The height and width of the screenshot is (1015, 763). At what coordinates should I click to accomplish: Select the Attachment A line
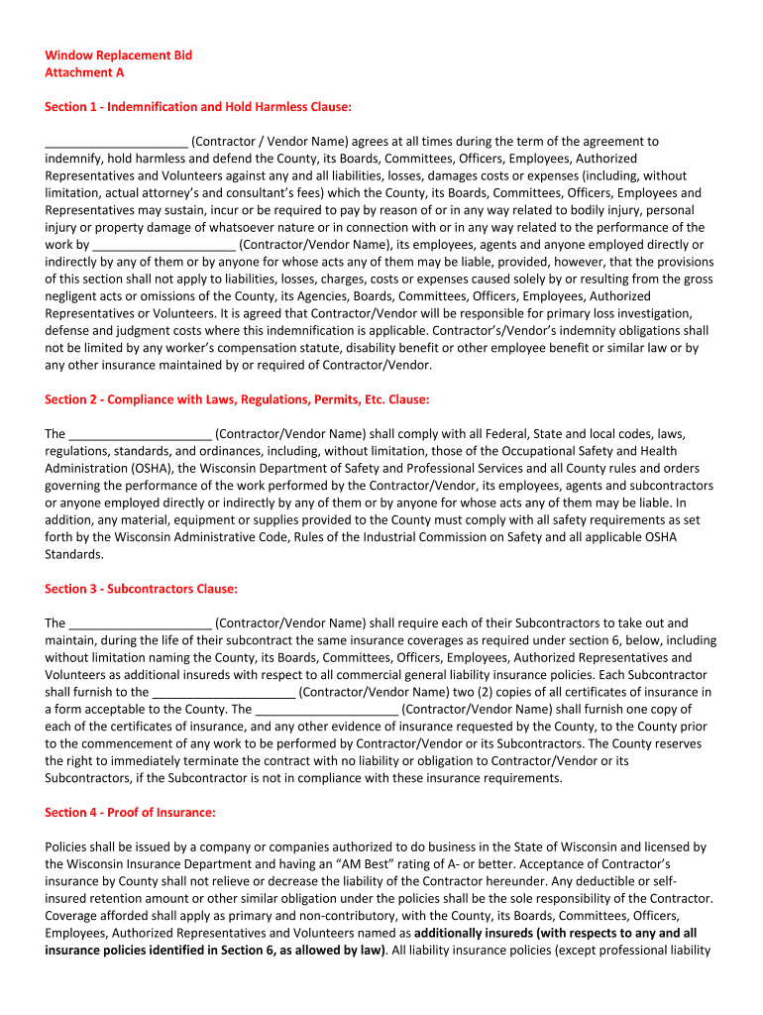(x=84, y=72)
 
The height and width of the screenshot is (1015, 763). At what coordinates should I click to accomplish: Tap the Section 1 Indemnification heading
(x=198, y=107)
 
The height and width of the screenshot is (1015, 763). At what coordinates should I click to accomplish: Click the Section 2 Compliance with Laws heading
(x=237, y=399)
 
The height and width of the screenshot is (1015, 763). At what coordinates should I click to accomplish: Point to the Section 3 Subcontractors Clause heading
(x=141, y=589)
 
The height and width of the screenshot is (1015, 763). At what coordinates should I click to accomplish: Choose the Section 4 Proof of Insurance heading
(x=130, y=812)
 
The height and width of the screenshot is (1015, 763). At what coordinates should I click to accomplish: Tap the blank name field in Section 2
(x=140, y=434)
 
